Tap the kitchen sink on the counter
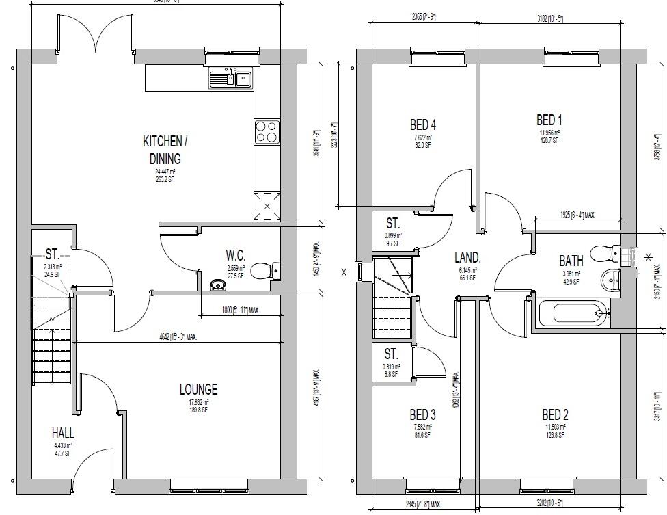(x=230, y=79)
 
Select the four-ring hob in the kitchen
(x=267, y=131)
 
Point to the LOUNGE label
(x=198, y=389)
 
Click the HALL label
(x=63, y=433)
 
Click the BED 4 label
(x=423, y=124)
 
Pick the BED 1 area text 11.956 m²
(x=549, y=133)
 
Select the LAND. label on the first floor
(x=468, y=258)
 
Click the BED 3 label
(x=422, y=414)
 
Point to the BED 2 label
(x=555, y=414)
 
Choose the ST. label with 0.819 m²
(x=391, y=354)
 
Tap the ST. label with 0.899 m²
(x=392, y=224)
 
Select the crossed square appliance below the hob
(x=267, y=206)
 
